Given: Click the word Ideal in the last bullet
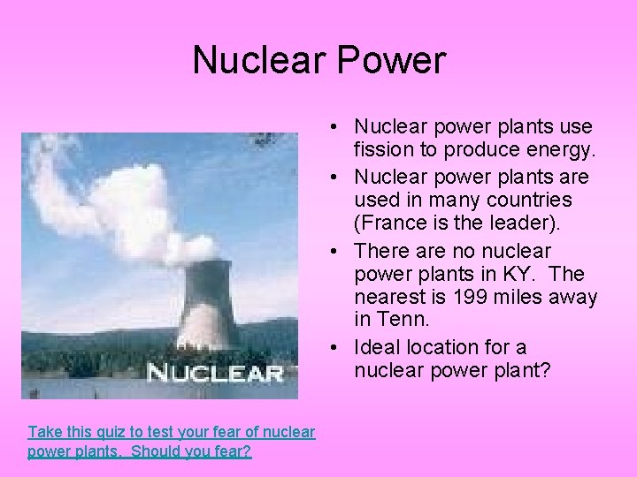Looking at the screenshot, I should coord(378,347).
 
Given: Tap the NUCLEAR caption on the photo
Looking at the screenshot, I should coord(215,372).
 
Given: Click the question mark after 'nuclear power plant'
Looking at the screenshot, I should coord(546,372).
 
